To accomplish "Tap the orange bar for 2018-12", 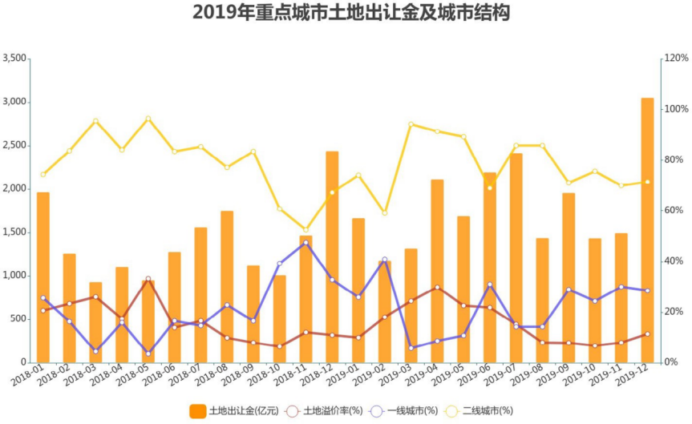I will [x=332, y=256].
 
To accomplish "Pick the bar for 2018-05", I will [x=148, y=321].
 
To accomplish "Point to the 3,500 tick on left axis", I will [x=14, y=59].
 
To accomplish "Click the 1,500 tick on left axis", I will [x=14, y=232].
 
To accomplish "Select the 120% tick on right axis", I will [x=675, y=59].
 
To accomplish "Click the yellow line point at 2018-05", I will [x=148, y=119].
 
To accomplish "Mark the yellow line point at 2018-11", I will [x=306, y=230].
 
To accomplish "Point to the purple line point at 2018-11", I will [x=306, y=242].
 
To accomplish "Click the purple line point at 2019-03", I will [x=411, y=348].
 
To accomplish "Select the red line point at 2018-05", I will [x=148, y=279].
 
